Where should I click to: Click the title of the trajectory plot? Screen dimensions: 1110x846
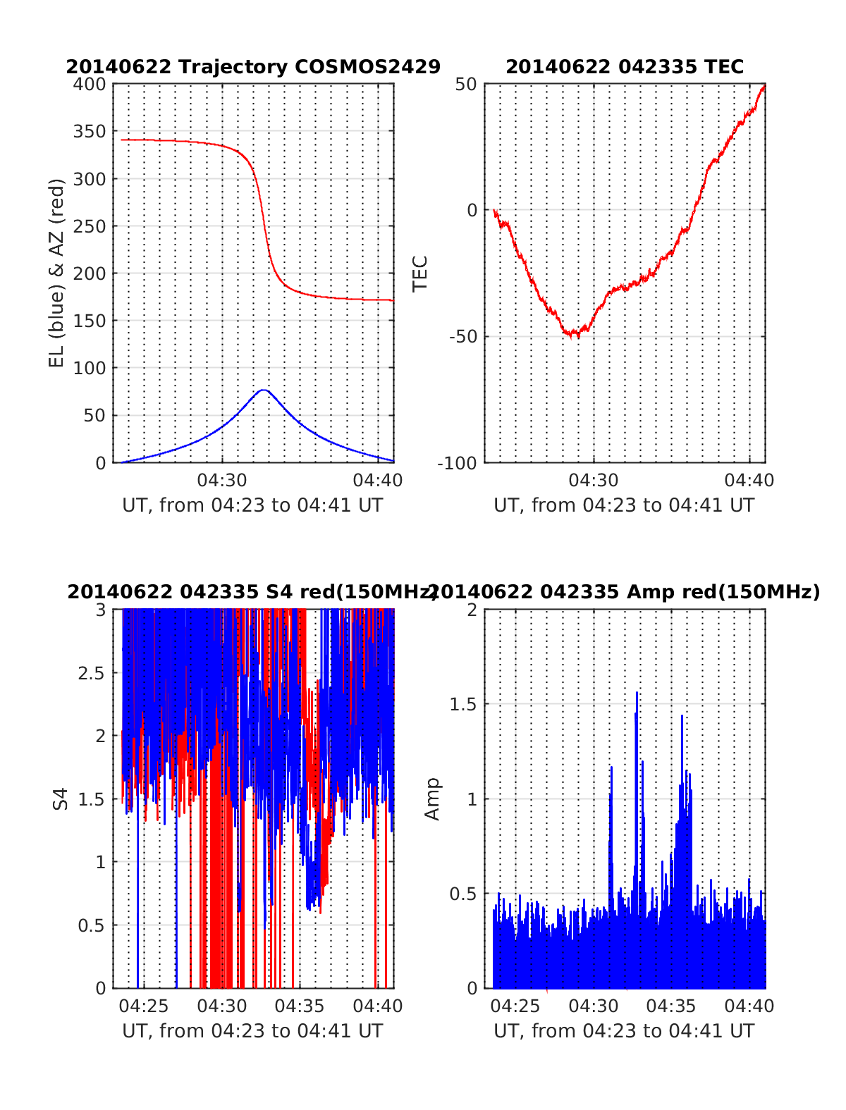pos(253,67)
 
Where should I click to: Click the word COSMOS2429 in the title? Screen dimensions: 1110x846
pos(367,67)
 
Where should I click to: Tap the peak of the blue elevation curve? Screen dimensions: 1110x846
pos(264,390)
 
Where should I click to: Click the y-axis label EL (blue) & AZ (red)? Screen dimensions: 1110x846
pos(56,273)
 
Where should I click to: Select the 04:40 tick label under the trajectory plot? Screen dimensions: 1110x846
pos(378,481)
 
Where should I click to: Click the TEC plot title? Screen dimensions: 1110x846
pos(625,67)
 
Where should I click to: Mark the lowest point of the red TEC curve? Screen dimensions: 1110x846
pos(577,336)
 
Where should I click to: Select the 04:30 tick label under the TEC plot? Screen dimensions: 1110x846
pos(594,481)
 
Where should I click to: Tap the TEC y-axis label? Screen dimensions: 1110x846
pos(420,273)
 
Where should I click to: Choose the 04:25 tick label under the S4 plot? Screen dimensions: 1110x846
pos(145,1006)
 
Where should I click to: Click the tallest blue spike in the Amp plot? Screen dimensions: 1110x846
pos(637,693)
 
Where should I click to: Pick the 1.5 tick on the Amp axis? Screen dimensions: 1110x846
pos(464,705)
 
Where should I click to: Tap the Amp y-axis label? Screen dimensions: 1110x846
pos(431,798)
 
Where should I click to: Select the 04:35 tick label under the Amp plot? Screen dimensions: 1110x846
pos(671,1006)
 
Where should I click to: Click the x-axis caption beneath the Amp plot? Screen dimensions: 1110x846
pos(624,1031)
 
